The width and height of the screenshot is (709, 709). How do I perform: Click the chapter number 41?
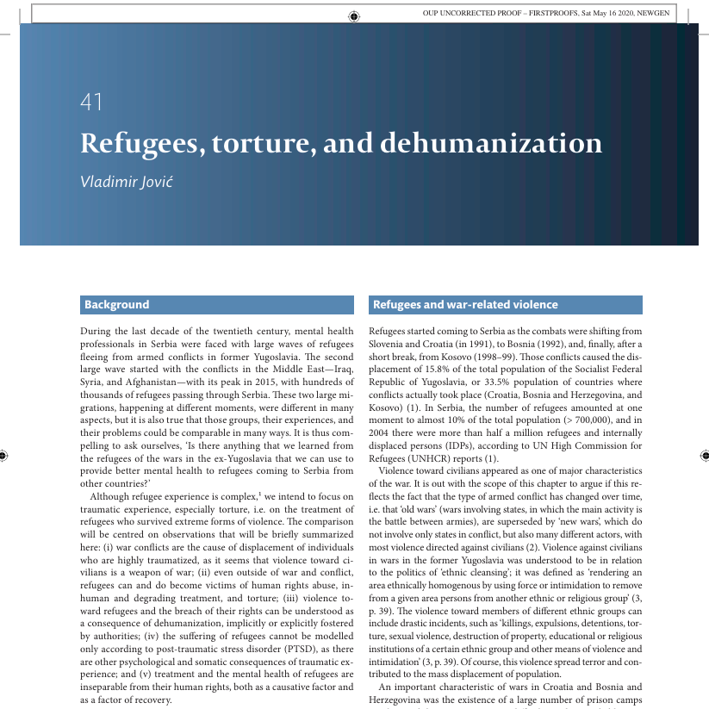[x=90, y=102]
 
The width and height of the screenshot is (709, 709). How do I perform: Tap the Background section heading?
[x=116, y=305]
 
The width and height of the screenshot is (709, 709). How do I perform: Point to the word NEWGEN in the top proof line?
[x=652, y=13]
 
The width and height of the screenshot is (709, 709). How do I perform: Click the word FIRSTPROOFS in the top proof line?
[x=533, y=13]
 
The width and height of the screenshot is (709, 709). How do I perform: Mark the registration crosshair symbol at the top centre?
[x=355, y=15]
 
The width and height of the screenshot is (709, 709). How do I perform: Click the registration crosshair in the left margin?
[x=5, y=453]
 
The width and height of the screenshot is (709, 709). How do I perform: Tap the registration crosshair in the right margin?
[x=705, y=453]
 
